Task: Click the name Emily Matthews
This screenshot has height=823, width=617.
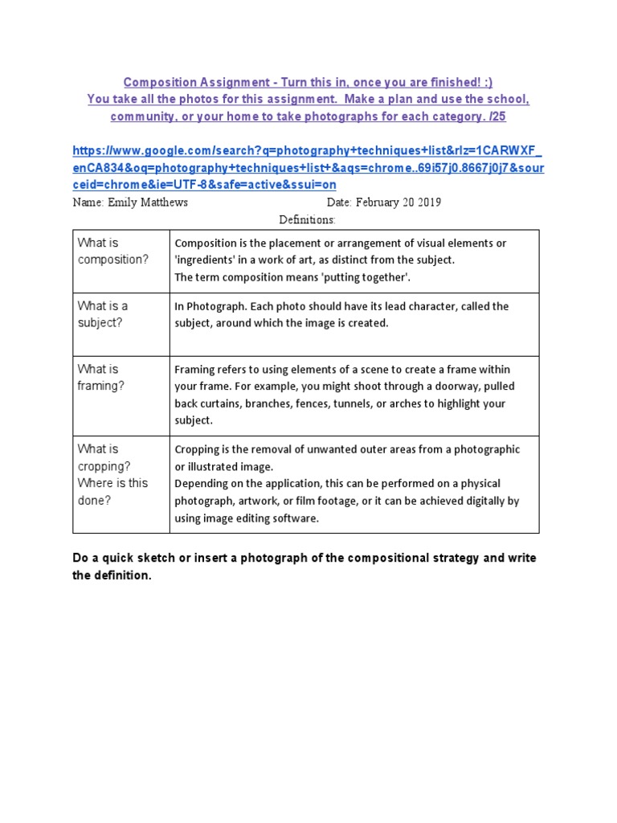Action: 148,203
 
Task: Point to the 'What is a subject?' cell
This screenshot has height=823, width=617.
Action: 103,313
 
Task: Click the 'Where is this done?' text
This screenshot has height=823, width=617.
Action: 112,491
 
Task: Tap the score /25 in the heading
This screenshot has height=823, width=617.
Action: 497,117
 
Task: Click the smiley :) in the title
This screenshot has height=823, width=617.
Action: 487,82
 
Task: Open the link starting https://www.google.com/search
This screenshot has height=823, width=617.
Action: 306,167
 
